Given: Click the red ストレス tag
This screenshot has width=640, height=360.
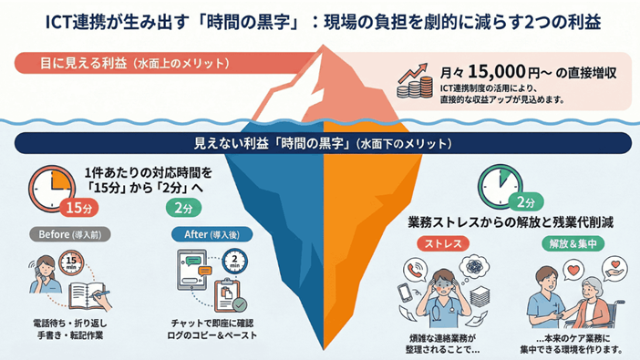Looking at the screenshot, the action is click(x=440, y=243).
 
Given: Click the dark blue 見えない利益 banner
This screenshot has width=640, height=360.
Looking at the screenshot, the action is click(x=319, y=144).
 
